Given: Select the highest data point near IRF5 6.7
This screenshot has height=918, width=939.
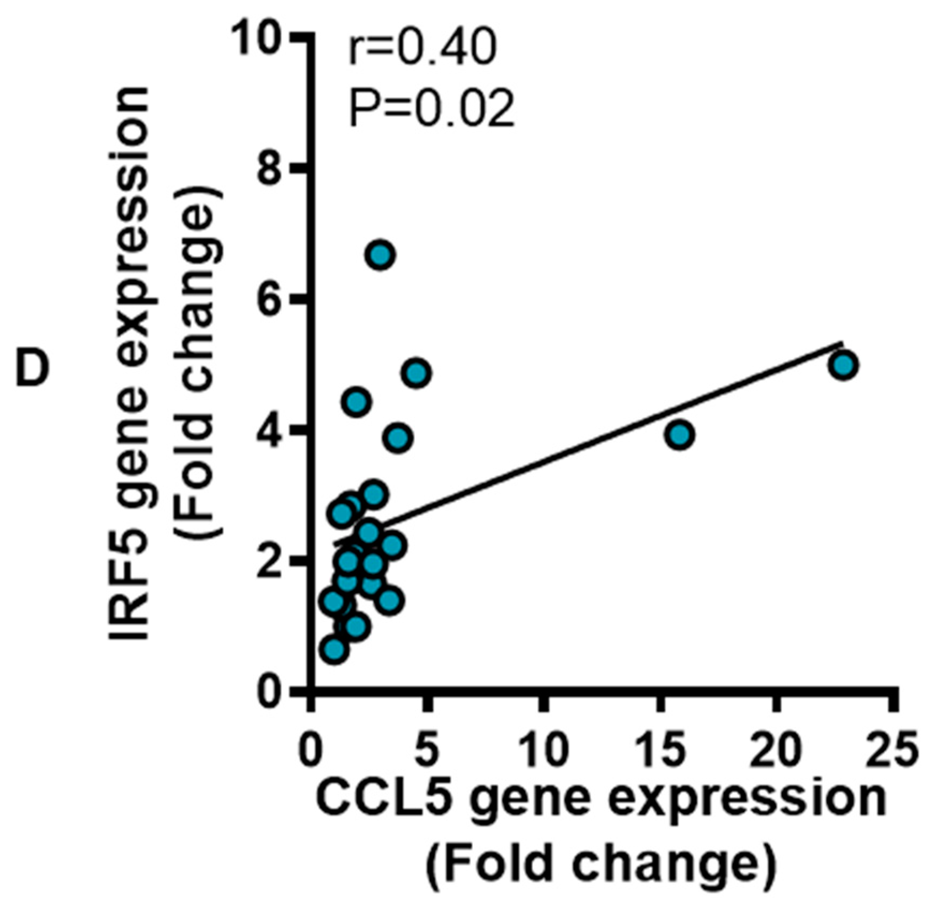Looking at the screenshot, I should pyautogui.click(x=381, y=255).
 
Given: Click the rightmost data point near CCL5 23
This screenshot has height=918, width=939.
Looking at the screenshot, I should pyautogui.click(x=844, y=365).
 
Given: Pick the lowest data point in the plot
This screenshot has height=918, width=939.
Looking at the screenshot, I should pyautogui.click(x=334, y=649).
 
